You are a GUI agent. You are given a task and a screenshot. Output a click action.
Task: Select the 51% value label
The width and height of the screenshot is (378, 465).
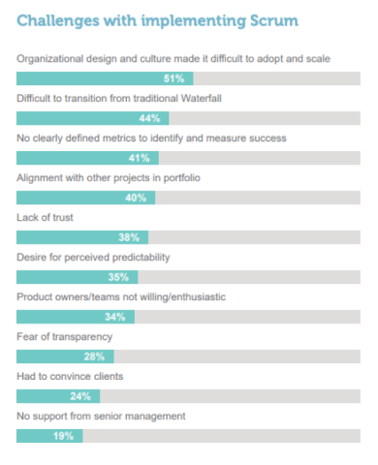(174, 78)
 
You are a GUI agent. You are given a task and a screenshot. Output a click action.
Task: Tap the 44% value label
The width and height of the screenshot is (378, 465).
(149, 118)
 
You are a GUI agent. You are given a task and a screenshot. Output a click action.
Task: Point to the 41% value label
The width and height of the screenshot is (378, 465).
(139, 158)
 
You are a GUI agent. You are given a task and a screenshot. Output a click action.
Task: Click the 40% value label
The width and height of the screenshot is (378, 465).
(136, 198)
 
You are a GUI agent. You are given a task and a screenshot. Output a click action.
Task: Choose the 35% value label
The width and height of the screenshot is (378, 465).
(118, 277)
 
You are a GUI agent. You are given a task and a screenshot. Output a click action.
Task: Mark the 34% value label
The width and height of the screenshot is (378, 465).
(114, 317)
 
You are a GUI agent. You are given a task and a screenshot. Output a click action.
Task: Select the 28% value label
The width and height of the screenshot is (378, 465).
(94, 356)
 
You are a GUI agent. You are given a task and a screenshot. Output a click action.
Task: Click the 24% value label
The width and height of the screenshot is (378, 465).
(80, 396)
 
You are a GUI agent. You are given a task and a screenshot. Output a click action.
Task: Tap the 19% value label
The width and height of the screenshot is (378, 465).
(64, 436)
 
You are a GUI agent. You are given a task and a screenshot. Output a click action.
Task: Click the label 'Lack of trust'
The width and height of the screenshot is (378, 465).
(46, 218)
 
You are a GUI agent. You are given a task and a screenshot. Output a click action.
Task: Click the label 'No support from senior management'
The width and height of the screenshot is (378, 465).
(100, 416)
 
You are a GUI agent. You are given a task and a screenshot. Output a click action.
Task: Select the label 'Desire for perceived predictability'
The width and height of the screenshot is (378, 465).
(94, 258)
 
